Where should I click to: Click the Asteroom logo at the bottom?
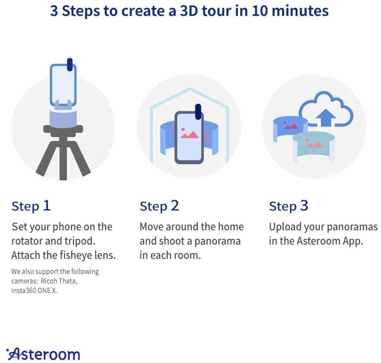(43, 353)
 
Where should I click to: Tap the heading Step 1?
(31, 206)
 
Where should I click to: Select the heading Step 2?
(159, 206)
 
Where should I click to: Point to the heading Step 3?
(289, 206)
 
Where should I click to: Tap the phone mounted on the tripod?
(63, 83)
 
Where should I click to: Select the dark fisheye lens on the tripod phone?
(70, 66)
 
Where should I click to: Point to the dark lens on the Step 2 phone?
(198, 112)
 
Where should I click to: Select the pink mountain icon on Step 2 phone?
(189, 134)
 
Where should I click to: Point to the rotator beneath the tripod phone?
(63, 116)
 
